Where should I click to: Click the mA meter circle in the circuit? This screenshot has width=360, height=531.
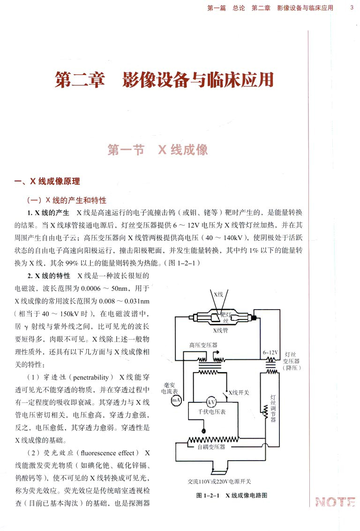[176, 400]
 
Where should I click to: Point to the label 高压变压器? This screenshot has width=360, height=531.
[203, 345]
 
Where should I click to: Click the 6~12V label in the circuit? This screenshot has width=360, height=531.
[270, 352]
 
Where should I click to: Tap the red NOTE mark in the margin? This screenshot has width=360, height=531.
[335, 501]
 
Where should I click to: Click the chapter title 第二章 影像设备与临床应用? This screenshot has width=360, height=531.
[164, 80]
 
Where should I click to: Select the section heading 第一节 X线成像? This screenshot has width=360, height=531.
[157, 150]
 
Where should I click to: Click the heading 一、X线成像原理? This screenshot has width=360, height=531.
[47, 182]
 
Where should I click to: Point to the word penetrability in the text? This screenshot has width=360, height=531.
[90, 377]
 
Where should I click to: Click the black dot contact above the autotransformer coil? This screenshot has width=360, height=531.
[203, 430]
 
